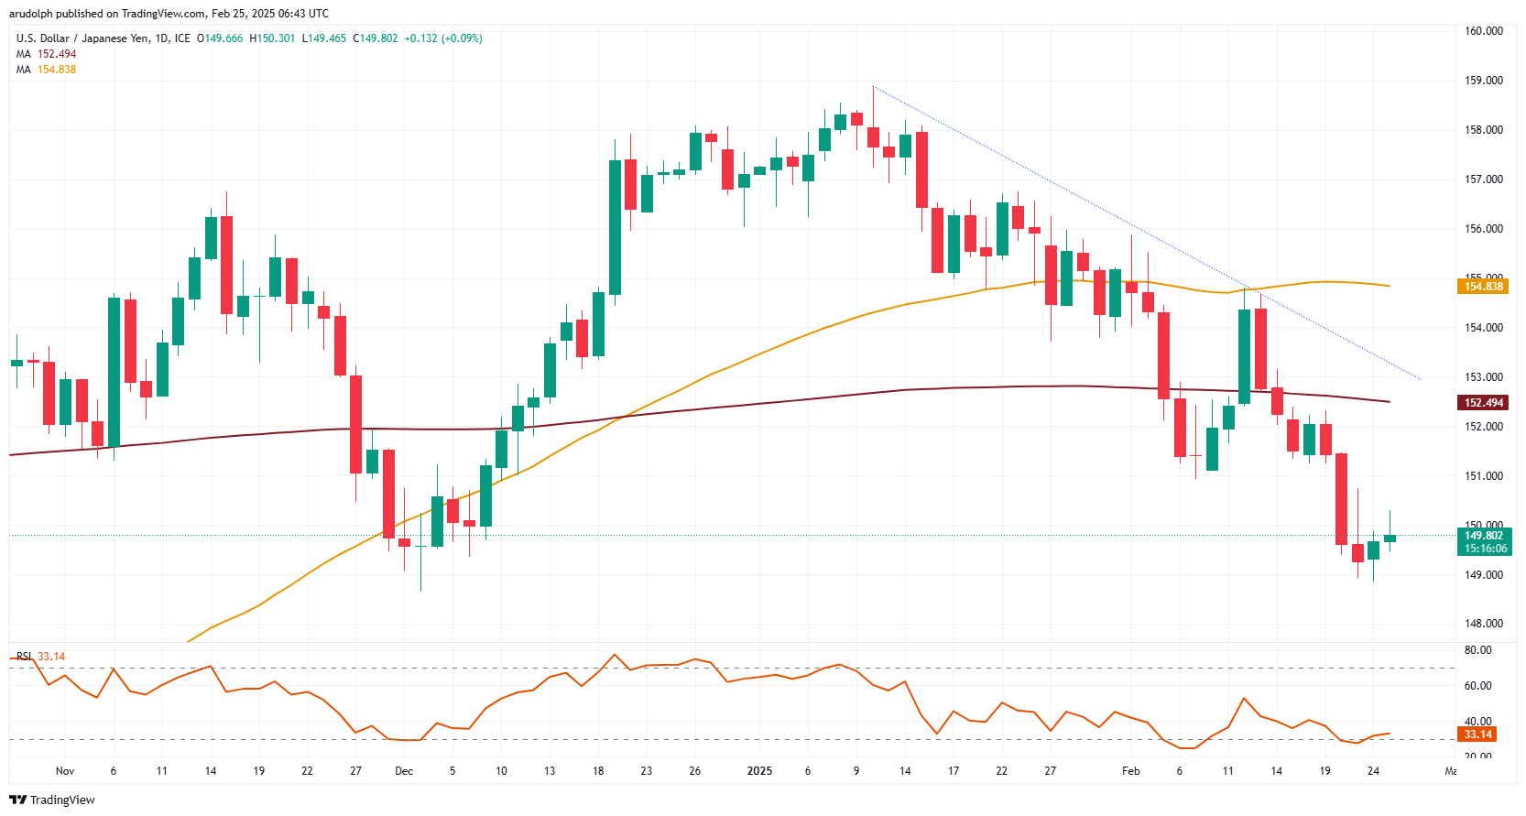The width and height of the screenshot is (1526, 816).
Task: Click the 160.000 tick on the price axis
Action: click(1483, 31)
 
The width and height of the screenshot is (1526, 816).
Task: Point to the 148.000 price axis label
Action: click(1483, 624)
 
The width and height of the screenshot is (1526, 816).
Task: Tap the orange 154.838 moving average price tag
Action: click(1483, 287)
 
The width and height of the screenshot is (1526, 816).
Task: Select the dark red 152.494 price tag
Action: click(1483, 403)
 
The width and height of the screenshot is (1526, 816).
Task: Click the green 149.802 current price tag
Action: click(1483, 536)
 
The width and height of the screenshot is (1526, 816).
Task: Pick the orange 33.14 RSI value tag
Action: click(1477, 734)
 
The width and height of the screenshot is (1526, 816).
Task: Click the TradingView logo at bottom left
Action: click(52, 800)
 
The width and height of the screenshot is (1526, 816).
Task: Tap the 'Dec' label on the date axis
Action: click(404, 771)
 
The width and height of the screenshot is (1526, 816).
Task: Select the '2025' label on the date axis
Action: click(759, 771)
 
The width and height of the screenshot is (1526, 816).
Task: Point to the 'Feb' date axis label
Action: click(1131, 771)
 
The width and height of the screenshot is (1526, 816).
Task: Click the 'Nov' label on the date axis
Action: click(65, 771)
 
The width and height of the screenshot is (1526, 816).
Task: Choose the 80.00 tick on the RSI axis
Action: click(1477, 650)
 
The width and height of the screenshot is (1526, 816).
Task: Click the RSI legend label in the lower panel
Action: click(24, 657)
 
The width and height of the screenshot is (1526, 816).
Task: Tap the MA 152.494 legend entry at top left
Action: click(46, 54)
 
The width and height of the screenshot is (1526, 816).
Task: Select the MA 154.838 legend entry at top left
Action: click(46, 70)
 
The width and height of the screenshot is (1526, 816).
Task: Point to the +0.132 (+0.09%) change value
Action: click(443, 38)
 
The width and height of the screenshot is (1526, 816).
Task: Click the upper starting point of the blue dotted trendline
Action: click(873, 87)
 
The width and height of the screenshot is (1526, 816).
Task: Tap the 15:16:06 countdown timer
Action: click(1485, 549)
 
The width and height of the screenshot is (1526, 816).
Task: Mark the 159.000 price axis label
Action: click(1483, 81)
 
